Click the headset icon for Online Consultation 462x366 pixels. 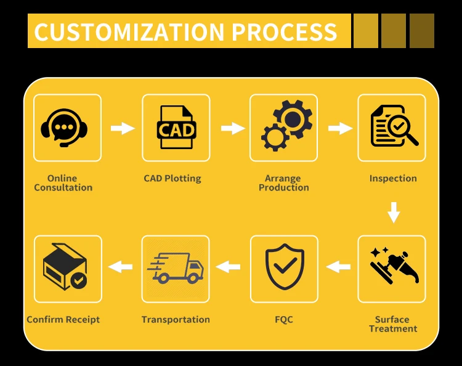coord(64,128)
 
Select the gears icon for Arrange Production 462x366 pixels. coord(285,128)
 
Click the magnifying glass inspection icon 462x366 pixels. coord(393,128)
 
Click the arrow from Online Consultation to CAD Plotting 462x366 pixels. coord(122,128)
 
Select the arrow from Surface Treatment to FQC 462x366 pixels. coord(338,267)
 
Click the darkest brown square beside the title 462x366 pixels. coord(422,31)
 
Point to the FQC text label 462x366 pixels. coord(284,320)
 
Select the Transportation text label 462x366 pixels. coord(176,320)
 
